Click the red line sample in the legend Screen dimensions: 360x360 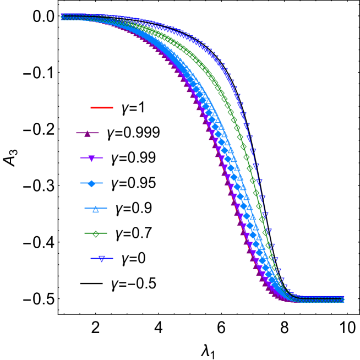click(x=102, y=107)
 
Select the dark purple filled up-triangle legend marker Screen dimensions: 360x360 click(x=88, y=133)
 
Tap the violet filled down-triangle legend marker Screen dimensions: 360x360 click(x=91, y=159)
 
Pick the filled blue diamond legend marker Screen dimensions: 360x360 click(x=91, y=183)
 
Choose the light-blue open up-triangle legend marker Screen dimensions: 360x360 click(x=96, y=209)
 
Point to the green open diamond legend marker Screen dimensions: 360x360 click(x=96, y=233)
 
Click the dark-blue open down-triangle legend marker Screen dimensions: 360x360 click(x=102, y=259)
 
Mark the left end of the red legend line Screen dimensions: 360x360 click(x=91, y=107)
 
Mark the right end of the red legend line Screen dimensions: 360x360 click(x=113, y=107)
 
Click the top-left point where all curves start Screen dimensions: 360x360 click(x=63, y=17)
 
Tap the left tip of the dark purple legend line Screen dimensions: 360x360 click(x=77, y=133)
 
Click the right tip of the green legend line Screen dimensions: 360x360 click(x=107, y=233)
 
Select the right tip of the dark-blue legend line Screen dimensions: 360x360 click(x=113, y=259)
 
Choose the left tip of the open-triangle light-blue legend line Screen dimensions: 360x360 click(x=85, y=209)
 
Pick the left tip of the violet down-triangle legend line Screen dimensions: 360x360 click(x=80, y=159)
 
